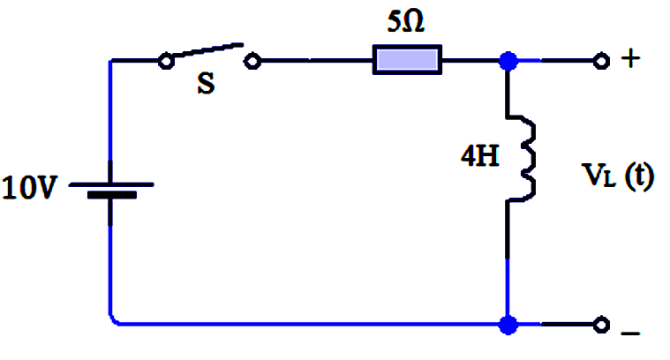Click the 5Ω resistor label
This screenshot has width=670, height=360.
(405, 21)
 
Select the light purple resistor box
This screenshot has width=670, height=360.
(407, 60)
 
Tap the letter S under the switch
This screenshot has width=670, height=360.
(206, 83)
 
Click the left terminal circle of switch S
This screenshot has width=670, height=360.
(166, 61)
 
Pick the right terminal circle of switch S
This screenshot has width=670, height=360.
(252, 61)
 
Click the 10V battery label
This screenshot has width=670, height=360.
(29, 187)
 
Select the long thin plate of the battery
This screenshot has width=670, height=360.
(111, 184)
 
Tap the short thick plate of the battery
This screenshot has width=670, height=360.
(112, 195)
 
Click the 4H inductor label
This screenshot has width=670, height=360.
(480, 155)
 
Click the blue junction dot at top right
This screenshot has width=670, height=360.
(508, 61)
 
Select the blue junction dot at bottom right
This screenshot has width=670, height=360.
(508, 325)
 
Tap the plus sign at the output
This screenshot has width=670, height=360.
(630, 58)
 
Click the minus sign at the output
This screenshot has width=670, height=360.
(630, 333)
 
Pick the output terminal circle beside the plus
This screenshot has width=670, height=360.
(601, 61)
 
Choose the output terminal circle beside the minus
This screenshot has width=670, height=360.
(601, 325)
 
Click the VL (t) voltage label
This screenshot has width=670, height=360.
(618, 176)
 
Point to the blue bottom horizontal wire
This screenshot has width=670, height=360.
(309, 325)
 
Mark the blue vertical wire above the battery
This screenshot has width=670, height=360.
(110, 111)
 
